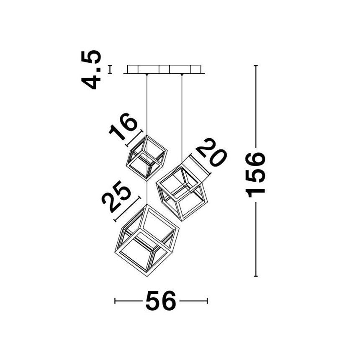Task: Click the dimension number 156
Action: click(x=255, y=175)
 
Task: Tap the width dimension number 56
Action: click(x=161, y=301)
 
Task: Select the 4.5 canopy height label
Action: click(x=91, y=69)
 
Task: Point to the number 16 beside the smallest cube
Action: click(x=123, y=126)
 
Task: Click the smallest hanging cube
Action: click(x=147, y=157)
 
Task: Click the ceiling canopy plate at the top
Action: click(x=164, y=69)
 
